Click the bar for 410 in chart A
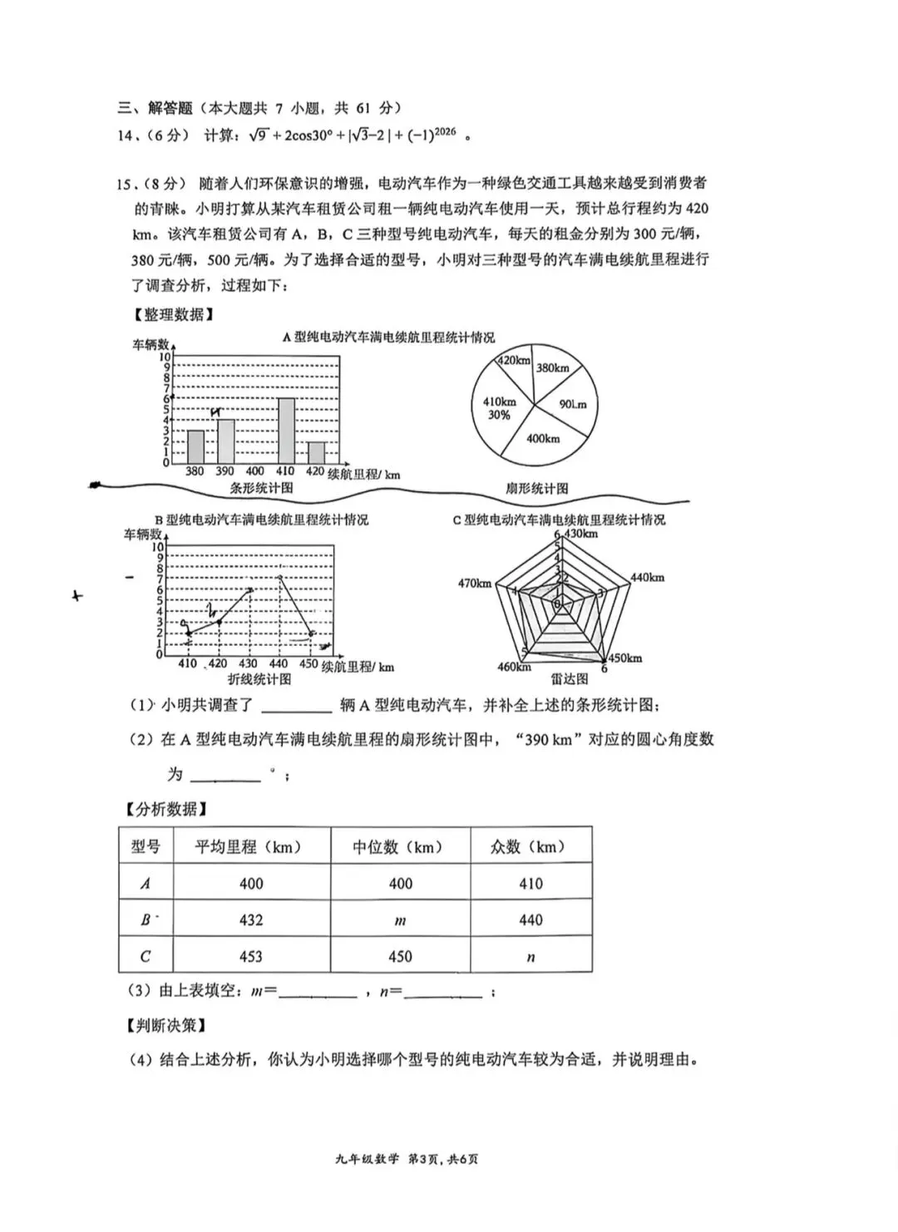click(x=286, y=431)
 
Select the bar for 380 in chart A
click(x=195, y=446)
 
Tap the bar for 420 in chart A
click(x=316, y=452)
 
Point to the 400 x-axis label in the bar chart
click(x=255, y=471)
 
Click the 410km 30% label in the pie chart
click(x=500, y=408)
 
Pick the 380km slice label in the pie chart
click(x=552, y=367)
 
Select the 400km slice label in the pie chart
click(x=543, y=438)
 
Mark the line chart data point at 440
click(x=280, y=578)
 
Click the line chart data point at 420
click(x=218, y=622)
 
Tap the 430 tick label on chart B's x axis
click(x=248, y=663)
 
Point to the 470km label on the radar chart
click(x=474, y=584)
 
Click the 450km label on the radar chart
click(x=625, y=658)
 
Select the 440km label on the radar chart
click(x=647, y=577)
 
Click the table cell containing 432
click(x=251, y=920)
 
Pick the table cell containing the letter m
click(x=400, y=920)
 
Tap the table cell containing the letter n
click(x=530, y=957)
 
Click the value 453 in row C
click(x=251, y=957)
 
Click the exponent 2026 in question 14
click(x=445, y=131)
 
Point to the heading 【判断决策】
click(x=166, y=1026)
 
